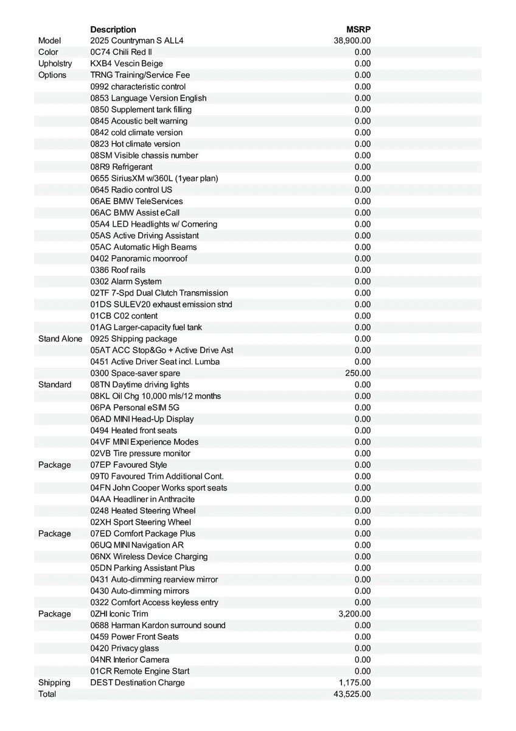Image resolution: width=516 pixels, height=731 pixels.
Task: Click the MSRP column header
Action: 358,29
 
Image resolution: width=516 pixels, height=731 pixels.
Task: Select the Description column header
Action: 113,29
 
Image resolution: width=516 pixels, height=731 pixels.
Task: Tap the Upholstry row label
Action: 55,63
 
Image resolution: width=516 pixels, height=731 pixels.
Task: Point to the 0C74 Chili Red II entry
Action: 121,52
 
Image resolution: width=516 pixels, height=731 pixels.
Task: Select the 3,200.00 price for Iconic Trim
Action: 354,614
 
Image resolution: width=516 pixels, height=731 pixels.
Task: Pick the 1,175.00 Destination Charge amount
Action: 354,683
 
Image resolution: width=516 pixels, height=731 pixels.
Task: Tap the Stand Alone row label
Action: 60,339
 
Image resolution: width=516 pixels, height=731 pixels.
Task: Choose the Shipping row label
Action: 54,683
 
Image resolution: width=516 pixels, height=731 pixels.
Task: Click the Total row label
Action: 47,694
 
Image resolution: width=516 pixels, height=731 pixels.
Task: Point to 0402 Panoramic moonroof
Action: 139,258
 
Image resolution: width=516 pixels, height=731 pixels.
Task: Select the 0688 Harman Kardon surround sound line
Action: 158,626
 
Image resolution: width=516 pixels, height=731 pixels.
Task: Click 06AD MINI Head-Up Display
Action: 142,419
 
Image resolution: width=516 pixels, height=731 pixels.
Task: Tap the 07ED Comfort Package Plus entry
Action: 143,534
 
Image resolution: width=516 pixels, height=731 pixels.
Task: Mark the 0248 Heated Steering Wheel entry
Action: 143,510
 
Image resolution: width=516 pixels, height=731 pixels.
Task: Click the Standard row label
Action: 54,385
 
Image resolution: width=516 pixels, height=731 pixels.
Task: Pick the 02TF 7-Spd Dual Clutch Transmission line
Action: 159,293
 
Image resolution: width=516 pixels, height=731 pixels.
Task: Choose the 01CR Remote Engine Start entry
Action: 139,671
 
